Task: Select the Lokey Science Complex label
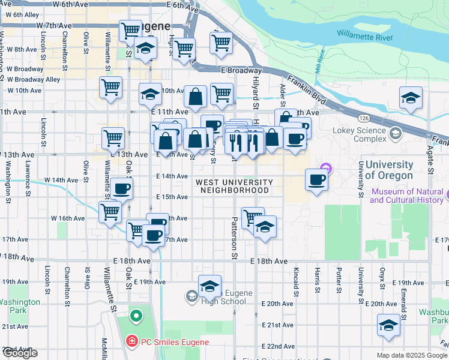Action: pyautogui.click(x=360, y=134)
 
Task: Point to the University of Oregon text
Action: pyautogui.click(x=389, y=170)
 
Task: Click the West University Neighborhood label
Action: pyautogui.click(x=234, y=186)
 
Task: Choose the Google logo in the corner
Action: pyautogui.click(x=20, y=352)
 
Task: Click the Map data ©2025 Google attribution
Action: pyautogui.click(x=412, y=355)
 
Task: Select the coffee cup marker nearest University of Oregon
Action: pyautogui.click(x=317, y=179)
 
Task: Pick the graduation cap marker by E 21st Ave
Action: pyautogui.click(x=388, y=326)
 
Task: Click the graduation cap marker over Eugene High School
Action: pyautogui.click(x=209, y=286)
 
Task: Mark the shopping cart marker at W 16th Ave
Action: pyautogui.click(x=110, y=212)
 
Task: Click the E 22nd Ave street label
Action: pyautogui.click(x=278, y=346)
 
